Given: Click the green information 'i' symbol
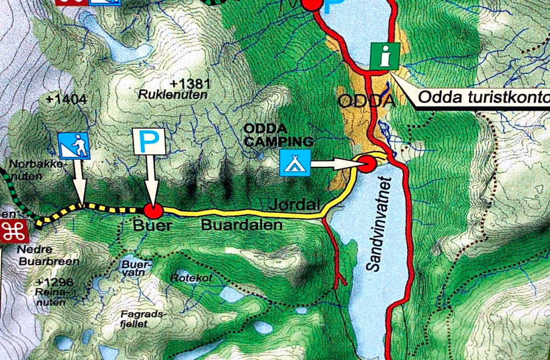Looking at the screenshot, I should point(385,57).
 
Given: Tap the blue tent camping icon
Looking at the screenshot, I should point(294,163).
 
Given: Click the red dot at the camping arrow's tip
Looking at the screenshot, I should point(367,164).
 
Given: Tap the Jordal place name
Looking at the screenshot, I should point(297,205).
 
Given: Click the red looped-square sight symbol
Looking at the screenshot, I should point(13,232).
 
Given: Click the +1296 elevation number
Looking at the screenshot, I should point(54,283).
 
